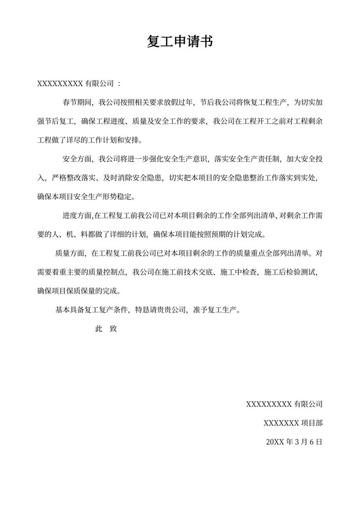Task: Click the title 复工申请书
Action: [x=179, y=43]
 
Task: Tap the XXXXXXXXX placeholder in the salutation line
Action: [x=60, y=84]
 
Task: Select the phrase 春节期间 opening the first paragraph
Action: [x=77, y=102]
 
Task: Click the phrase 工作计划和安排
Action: [x=116, y=138]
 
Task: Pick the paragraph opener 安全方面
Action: [x=77, y=158]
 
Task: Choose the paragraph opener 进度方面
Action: [x=77, y=215]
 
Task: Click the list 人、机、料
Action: [x=82, y=233]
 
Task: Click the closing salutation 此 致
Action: [x=106, y=328]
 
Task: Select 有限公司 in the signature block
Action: [x=308, y=404]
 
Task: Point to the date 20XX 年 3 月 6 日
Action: [x=294, y=442]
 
